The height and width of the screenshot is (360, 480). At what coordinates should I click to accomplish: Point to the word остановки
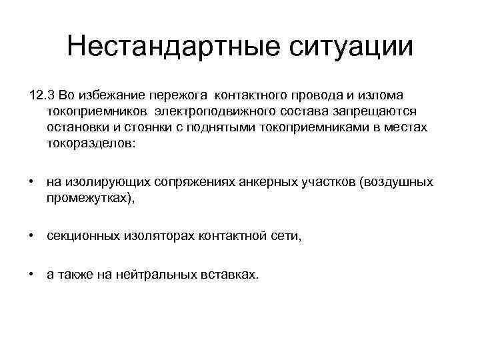(x=79, y=127)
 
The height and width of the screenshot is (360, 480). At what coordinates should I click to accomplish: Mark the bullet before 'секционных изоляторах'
(x=31, y=235)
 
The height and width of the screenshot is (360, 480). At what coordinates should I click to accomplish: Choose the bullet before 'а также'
(x=31, y=274)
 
